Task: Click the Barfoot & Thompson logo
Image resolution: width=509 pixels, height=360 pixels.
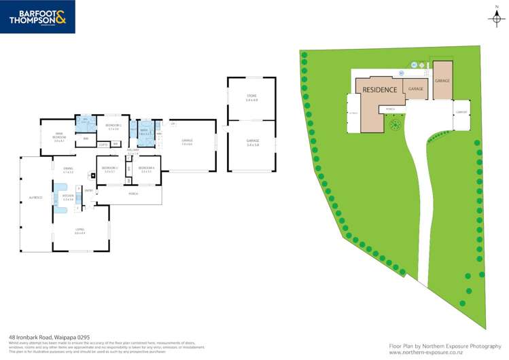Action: click(37, 17)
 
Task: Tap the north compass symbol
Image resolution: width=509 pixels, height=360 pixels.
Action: click(496, 17)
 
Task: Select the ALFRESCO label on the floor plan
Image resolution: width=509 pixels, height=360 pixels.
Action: click(35, 198)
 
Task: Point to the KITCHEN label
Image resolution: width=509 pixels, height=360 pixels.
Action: click(67, 198)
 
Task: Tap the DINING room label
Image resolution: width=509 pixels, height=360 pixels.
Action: click(68, 171)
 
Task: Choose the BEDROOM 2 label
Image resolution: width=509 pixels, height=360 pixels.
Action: click(113, 126)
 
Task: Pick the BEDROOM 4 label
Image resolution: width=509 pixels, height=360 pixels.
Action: click(146, 169)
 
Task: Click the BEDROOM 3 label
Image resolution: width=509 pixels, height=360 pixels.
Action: click(110, 169)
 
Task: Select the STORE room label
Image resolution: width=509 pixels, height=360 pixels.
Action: click(251, 98)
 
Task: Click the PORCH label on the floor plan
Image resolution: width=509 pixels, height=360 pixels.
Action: click(134, 194)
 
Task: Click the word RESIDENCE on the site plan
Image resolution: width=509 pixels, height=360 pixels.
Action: click(380, 90)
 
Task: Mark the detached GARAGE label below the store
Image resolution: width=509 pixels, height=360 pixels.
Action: click(252, 142)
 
